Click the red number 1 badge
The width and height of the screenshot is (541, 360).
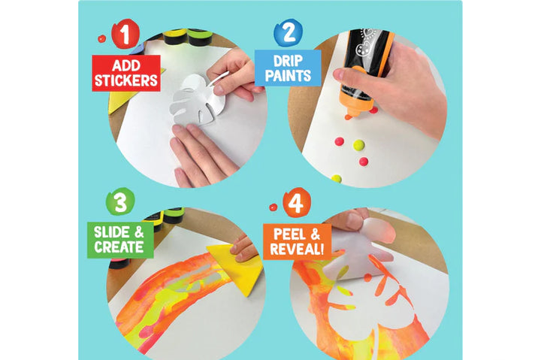click(125, 34)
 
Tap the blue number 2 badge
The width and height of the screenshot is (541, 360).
click(288, 32)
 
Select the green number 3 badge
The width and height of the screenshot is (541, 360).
click(120, 201)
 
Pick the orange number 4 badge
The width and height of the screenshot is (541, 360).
click(297, 203)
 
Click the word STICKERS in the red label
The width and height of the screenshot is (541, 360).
click(126, 80)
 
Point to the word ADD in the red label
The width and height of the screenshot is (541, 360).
click(126, 65)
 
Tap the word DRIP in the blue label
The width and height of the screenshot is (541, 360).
click(288, 61)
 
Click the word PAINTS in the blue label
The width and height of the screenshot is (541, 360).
click(288, 76)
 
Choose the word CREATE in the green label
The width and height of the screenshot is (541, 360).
click(119, 247)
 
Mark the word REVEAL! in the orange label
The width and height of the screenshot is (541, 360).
click(297, 249)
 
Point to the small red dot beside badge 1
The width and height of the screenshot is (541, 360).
click(101, 38)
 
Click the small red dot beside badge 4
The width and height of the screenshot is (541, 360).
click(274, 207)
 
